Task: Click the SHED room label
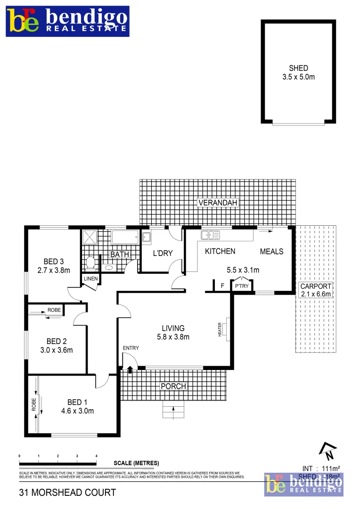(298, 68)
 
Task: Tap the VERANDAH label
(218, 203)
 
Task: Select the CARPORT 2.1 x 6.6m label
(315, 290)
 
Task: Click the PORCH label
(173, 386)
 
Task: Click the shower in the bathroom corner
(89, 237)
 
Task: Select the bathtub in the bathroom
(125, 237)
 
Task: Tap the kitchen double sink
(211, 234)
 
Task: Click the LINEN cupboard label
(90, 279)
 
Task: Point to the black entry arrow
(130, 369)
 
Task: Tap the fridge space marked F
(222, 286)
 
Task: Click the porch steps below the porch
(174, 412)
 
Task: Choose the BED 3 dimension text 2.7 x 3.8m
(54, 271)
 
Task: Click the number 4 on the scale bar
(96, 456)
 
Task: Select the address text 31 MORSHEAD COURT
(67, 493)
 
